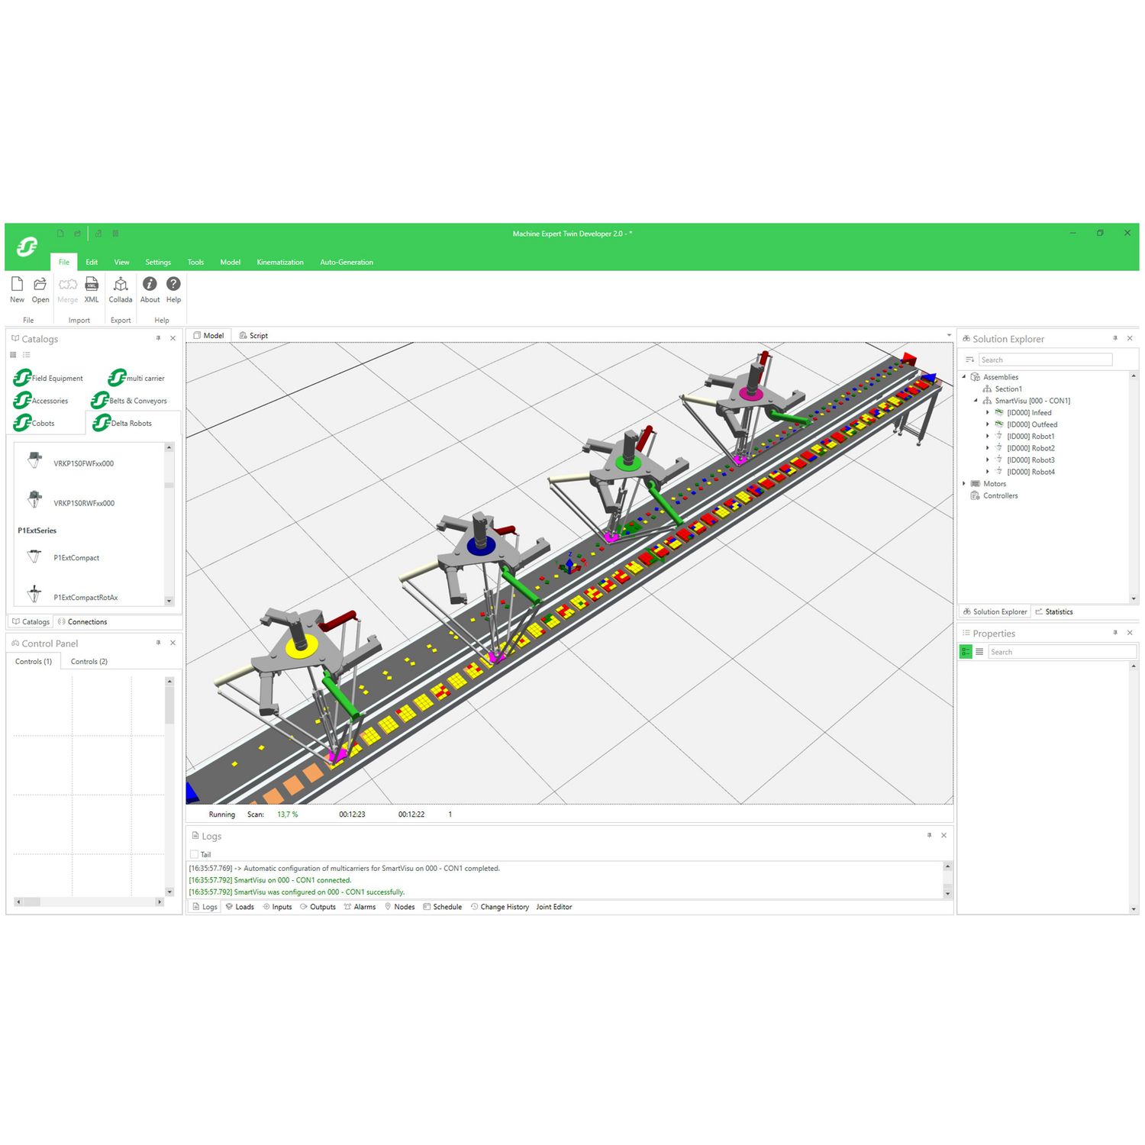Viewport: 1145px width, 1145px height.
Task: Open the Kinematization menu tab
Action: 279,262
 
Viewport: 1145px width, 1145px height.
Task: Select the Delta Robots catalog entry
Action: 131,423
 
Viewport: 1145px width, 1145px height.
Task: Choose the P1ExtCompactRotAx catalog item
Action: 85,597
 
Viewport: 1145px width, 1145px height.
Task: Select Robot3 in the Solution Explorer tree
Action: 1030,460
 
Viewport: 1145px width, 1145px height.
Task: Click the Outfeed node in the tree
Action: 1031,424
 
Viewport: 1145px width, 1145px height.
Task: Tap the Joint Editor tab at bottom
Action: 553,907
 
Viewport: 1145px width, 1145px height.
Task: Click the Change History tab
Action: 504,907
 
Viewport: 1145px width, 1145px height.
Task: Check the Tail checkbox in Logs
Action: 194,854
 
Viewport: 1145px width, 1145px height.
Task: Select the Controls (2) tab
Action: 89,662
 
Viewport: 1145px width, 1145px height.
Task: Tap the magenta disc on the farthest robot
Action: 751,394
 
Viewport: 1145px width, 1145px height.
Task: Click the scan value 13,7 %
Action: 288,814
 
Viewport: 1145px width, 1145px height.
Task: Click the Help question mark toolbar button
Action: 173,289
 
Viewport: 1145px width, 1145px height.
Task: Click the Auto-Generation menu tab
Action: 347,262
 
